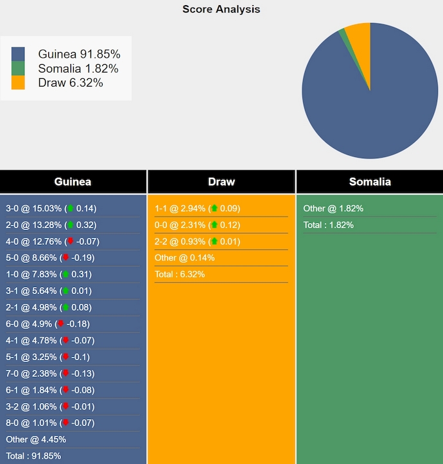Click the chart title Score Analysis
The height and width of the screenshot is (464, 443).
click(221, 9)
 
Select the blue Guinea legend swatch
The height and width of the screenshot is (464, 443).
click(18, 54)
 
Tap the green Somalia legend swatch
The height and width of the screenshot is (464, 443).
click(18, 69)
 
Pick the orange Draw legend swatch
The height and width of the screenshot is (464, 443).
click(18, 83)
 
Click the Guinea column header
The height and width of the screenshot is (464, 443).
click(73, 182)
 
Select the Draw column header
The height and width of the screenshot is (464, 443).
click(221, 182)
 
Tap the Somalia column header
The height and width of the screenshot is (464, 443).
click(370, 182)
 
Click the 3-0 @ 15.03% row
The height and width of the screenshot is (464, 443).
click(51, 208)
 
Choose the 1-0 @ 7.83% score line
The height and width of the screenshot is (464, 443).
click(49, 274)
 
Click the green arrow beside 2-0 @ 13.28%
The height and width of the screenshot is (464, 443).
click(71, 225)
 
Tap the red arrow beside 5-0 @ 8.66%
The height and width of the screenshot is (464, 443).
click(65, 258)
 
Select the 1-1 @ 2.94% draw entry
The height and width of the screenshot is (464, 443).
click(197, 208)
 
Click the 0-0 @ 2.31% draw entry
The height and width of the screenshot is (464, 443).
click(197, 225)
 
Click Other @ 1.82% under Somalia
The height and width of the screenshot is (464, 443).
click(333, 208)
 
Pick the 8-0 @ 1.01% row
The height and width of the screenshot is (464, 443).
click(50, 423)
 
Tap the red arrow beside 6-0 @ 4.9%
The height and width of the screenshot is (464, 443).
click(60, 324)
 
